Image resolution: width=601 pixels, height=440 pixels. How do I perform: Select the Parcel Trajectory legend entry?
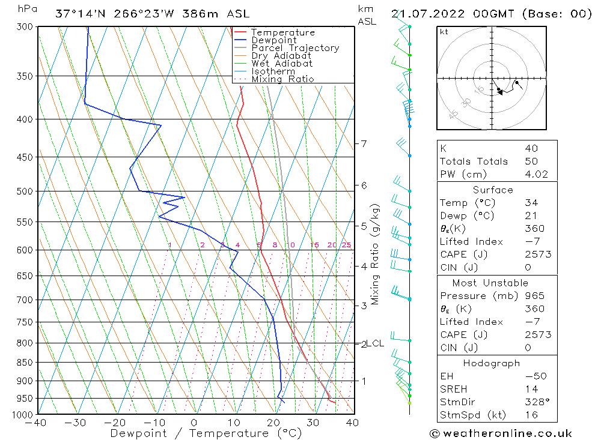[x=295, y=48]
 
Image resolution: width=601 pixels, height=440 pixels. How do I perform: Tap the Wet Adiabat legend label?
[x=282, y=64]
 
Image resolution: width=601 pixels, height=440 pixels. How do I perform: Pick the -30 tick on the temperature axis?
[x=76, y=423]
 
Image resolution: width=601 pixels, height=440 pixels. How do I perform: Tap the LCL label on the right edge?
[x=375, y=343]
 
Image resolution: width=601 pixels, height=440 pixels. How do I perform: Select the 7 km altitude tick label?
[x=364, y=143]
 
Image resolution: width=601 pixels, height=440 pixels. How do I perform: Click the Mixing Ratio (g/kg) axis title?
[x=376, y=254]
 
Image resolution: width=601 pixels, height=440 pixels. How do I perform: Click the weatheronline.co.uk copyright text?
[x=501, y=433]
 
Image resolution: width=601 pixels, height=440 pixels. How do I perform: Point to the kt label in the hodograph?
[x=444, y=32]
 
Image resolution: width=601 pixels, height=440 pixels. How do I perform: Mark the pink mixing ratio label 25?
[x=346, y=245]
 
